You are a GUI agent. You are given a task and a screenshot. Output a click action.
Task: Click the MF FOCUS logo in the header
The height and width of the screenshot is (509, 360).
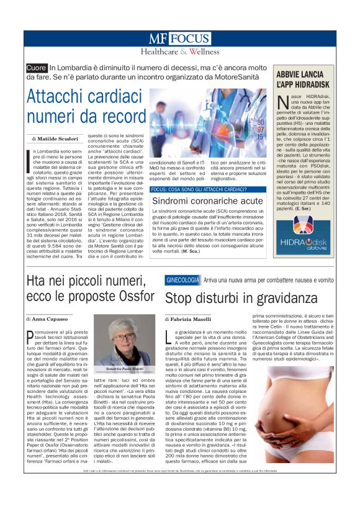coord(179,38)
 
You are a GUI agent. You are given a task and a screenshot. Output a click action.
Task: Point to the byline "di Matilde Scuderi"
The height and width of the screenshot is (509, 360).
coord(55,138)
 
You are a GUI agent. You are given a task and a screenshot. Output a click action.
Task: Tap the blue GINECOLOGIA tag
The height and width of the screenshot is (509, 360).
coord(182,280)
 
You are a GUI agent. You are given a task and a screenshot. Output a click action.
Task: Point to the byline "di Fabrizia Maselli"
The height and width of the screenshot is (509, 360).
coord(189,318)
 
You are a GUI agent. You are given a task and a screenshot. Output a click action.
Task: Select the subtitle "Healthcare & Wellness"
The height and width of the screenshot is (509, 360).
coord(179,52)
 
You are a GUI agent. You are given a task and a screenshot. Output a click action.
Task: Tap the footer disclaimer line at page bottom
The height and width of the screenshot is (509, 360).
coord(179,490)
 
